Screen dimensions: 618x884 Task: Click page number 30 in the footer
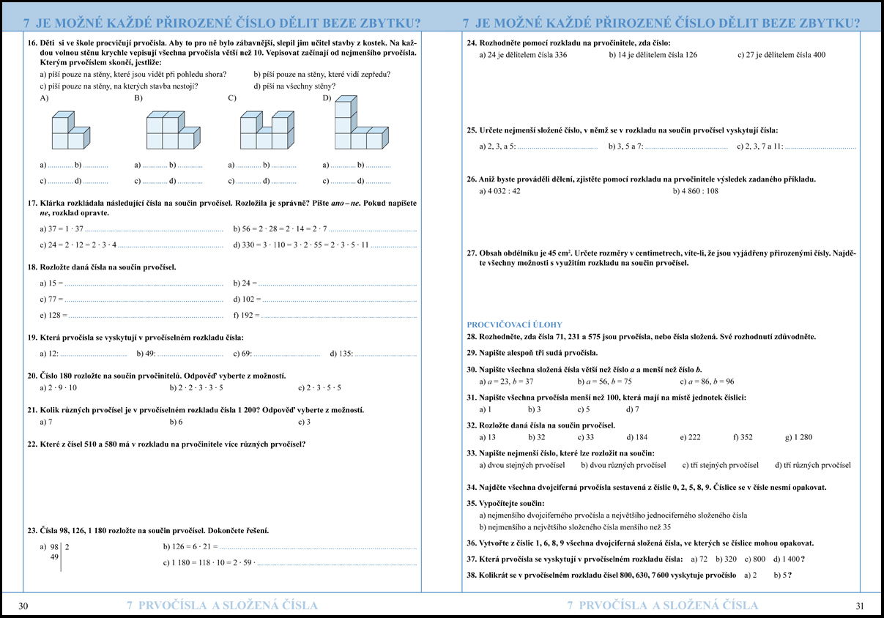23,606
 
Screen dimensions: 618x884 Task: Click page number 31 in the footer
860,606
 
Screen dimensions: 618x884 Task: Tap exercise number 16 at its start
32,43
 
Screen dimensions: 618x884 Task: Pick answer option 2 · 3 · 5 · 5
324,388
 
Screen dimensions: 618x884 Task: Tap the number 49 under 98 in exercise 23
54,557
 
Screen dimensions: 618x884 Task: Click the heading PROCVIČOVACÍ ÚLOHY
514,324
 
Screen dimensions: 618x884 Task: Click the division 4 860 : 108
699,191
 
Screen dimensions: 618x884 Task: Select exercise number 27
472,253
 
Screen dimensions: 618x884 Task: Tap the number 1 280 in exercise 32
802,437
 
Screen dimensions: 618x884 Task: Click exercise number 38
472,576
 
